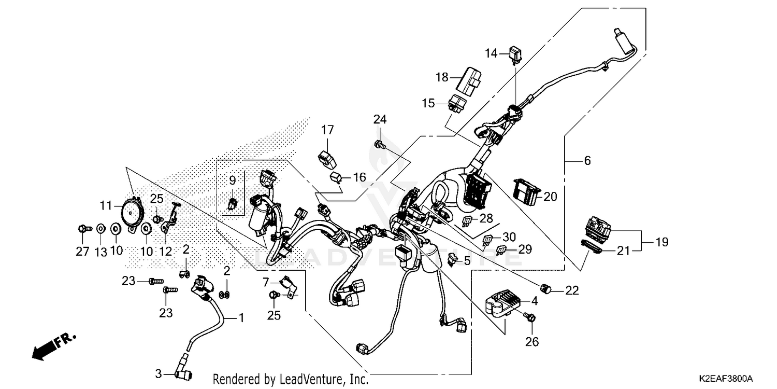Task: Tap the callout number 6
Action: pyautogui.click(x=587, y=161)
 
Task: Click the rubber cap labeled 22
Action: pyautogui.click(x=544, y=288)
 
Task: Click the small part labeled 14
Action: pyautogui.click(x=516, y=54)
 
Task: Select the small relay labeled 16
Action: pyautogui.click(x=337, y=178)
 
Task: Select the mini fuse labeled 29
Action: pyautogui.click(x=500, y=249)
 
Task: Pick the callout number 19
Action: pyautogui.click(x=661, y=242)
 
